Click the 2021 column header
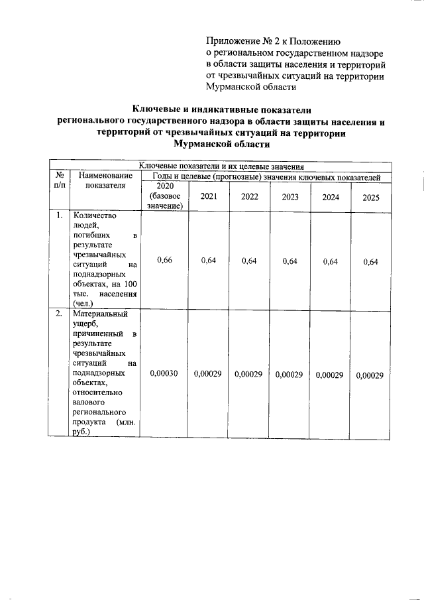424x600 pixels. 209,197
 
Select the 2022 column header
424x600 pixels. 250,197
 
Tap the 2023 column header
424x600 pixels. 290,197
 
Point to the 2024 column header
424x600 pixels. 331,197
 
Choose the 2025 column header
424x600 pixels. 371,197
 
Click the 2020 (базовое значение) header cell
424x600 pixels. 165,197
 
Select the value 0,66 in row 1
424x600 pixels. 165,261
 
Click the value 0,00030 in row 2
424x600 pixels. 164,375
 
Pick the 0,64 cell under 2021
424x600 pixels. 209,261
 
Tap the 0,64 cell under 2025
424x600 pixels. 371,261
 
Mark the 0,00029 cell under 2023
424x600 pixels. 290,375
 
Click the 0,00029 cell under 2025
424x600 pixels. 370,375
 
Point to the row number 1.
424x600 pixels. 60,215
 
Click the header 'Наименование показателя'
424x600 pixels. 105,181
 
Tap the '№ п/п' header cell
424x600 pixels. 60,181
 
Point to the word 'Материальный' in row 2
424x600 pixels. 101,314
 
